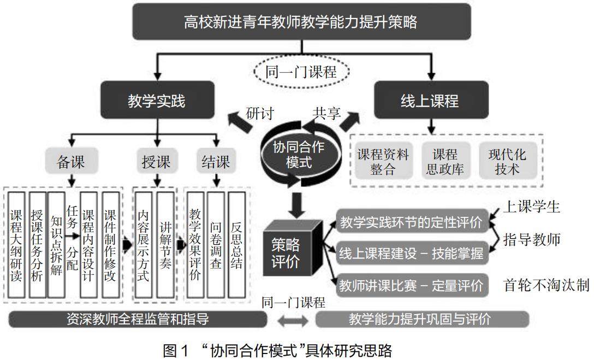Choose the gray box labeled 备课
click(71, 162)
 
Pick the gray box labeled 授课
click(157, 162)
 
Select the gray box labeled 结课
click(216, 162)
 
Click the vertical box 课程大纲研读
click(16, 244)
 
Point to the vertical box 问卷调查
click(216, 244)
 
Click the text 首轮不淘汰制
click(546, 285)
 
